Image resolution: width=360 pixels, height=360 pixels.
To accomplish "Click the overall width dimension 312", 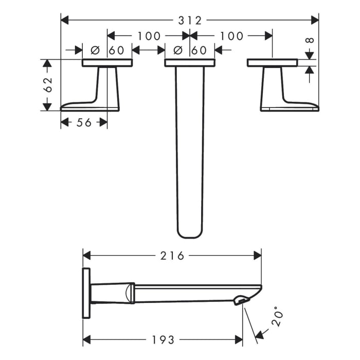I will pos(190,20).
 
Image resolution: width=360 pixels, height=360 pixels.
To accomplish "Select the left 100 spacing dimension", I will pos(149,35).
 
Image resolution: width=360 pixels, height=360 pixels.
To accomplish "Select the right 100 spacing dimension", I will pos(231,35).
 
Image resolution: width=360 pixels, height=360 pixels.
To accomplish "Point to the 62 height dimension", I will pos(47,85).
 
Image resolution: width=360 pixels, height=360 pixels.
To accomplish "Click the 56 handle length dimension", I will pos(84,122).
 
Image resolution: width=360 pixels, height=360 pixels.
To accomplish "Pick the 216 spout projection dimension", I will pos(172,256).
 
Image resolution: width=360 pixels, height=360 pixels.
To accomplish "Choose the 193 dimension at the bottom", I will pos(163,340).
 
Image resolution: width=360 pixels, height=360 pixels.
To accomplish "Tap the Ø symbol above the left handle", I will pos(95,50).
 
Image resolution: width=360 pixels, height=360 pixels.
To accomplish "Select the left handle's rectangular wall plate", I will pos(107,63).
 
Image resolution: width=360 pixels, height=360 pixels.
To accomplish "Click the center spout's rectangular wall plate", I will pos(190,63).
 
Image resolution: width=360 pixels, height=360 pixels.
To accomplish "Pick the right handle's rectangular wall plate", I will pos(272,63).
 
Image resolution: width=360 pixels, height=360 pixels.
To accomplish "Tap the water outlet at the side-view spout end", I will pos(239,300).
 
